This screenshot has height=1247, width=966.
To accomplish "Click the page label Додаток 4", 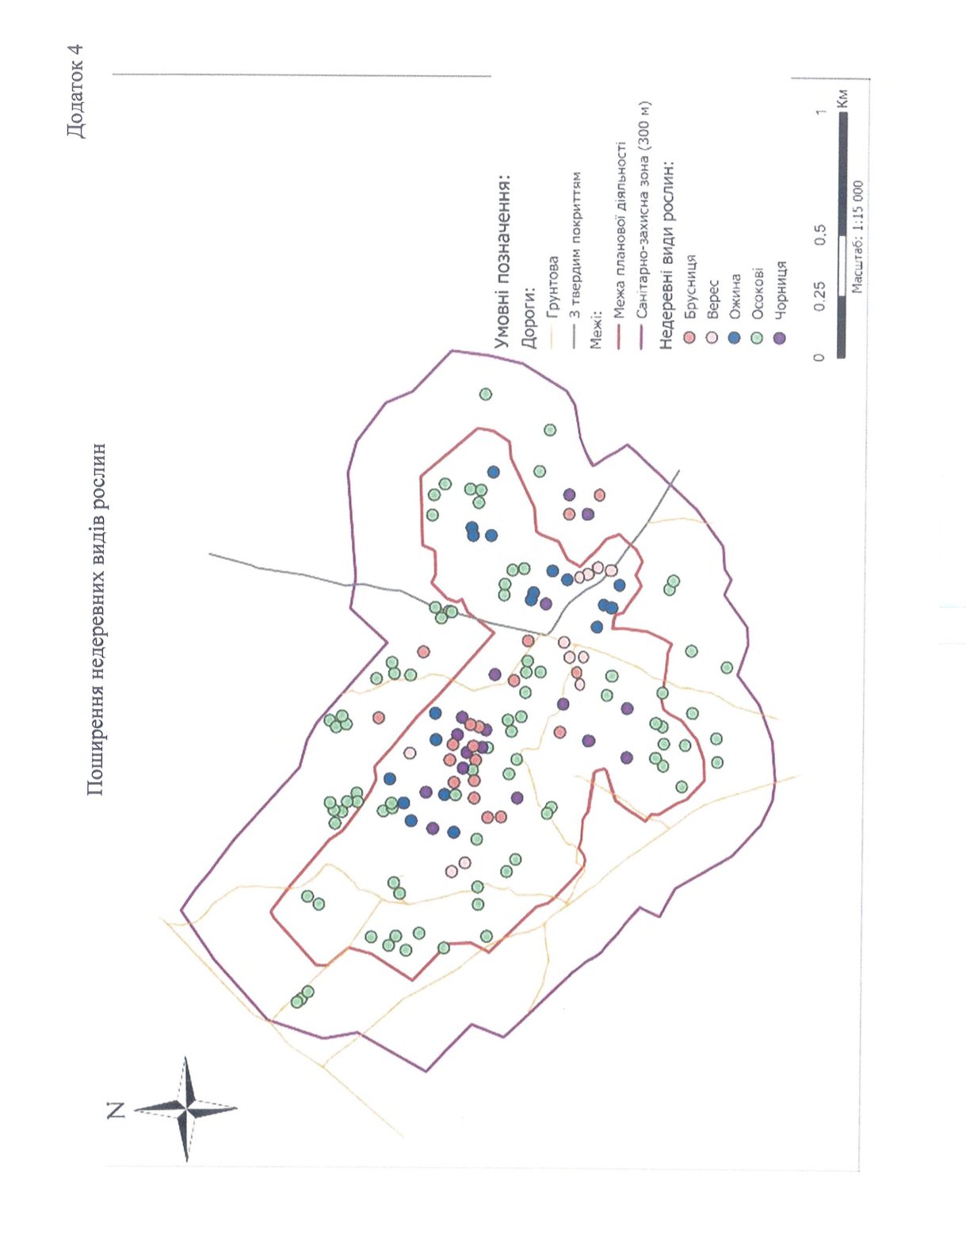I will click(x=74, y=90).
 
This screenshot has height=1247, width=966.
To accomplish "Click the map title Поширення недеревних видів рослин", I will click(x=96, y=619).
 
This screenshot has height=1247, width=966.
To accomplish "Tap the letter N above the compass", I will click(x=116, y=1109).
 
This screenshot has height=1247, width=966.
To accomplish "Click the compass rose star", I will click(x=186, y=1108).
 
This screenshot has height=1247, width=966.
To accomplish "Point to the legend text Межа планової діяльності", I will click(x=620, y=230).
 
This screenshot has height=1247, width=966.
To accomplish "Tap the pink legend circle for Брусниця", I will click(x=689, y=337).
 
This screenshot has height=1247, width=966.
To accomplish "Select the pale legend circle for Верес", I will click(x=712, y=337).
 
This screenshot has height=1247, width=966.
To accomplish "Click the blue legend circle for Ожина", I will click(x=734, y=337).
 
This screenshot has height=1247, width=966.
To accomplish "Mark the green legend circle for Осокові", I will click(x=757, y=337).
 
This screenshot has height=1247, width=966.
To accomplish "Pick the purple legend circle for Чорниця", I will click(x=780, y=337).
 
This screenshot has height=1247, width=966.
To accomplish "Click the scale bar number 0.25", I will click(x=819, y=295).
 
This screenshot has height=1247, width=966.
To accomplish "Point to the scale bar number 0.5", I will click(x=819, y=235).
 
